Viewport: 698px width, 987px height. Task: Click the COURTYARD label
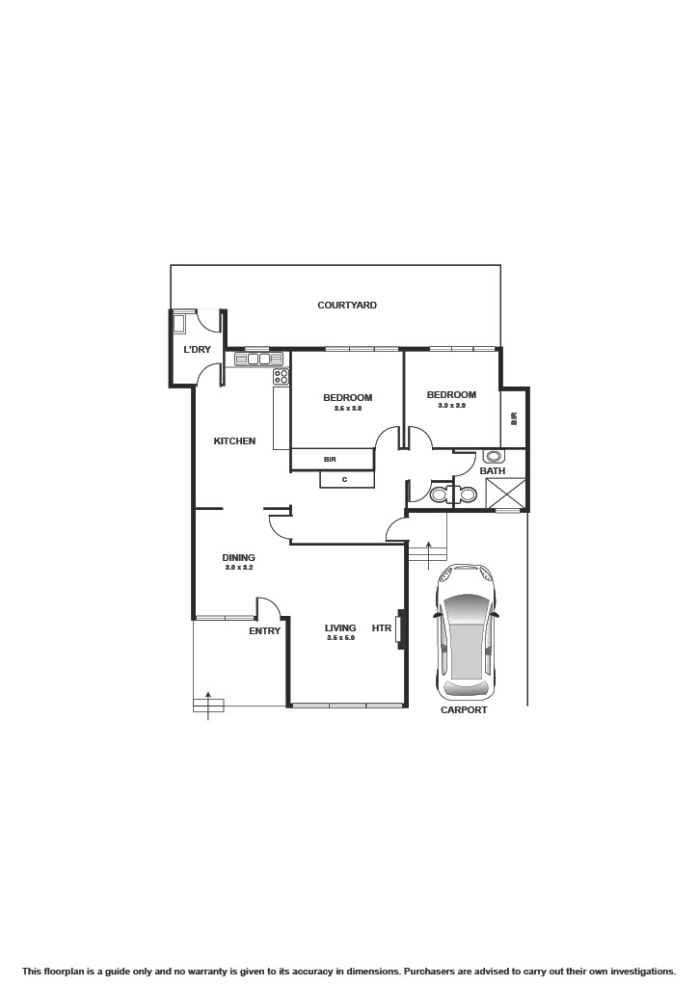[x=347, y=306]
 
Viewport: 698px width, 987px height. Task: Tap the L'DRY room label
[x=197, y=349]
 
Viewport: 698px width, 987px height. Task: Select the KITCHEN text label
[x=234, y=441]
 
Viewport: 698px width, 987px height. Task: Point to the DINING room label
[x=238, y=557]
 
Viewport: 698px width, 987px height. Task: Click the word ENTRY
[x=264, y=631]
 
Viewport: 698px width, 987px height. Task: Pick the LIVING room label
[x=340, y=628]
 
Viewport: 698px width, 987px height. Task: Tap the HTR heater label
[x=382, y=628]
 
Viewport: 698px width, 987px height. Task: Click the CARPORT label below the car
[x=464, y=710]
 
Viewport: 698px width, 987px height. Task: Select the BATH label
[x=493, y=471]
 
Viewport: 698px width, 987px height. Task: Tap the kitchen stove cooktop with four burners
[x=281, y=377]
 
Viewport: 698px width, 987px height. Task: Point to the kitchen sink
[x=254, y=360]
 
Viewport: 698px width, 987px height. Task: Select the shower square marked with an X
[x=505, y=493]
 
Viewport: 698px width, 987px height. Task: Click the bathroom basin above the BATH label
[x=495, y=457]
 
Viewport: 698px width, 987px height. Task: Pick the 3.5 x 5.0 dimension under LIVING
[x=340, y=638]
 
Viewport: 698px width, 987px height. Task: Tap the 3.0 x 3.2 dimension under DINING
[x=238, y=568]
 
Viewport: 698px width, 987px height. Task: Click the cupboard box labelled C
[x=344, y=479]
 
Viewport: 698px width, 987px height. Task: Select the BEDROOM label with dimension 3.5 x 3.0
[x=347, y=398]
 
